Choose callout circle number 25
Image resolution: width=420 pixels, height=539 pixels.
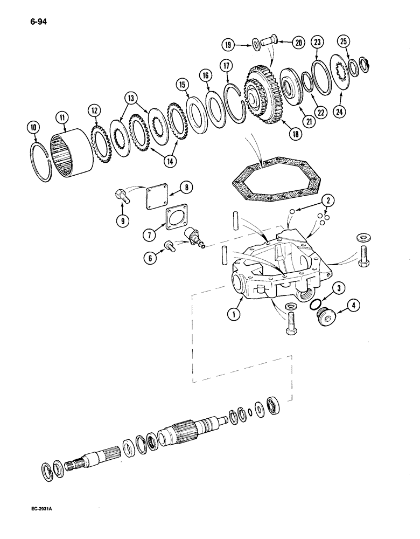343,42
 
